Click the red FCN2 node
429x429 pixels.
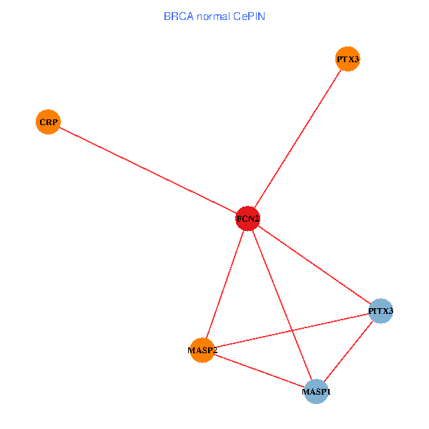pos(247,219)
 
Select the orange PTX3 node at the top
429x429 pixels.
pos(347,59)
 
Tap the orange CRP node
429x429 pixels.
pos(47,122)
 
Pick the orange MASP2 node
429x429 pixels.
pos(202,350)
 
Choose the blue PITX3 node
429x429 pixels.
pos(381,311)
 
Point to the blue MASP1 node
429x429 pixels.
pos(316,392)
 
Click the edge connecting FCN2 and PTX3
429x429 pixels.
pos(297,139)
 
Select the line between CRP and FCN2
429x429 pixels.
pos(147,170)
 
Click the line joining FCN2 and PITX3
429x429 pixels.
pos(315,265)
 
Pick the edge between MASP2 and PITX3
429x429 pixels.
pos(292,330)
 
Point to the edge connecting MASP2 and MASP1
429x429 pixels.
pos(259,371)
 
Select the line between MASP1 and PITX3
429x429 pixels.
pos(348,352)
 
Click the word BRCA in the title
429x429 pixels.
pos(177,16)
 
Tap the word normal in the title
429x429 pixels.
pos(211,16)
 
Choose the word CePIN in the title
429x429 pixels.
pos(249,16)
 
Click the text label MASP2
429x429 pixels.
pos(202,350)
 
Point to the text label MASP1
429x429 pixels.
pos(316,392)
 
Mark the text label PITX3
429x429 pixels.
pos(381,311)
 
